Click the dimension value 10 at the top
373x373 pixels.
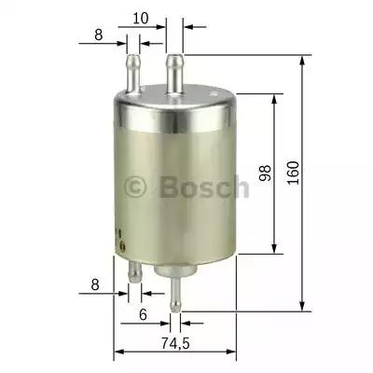click(x=141, y=19)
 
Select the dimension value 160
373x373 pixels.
click(x=293, y=173)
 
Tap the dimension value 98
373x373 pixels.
click(x=265, y=173)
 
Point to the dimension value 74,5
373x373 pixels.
click(x=175, y=343)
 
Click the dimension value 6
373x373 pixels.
click(x=143, y=315)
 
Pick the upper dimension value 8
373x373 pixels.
click(x=99, y=35)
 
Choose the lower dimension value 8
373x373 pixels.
click(x=95, y=284)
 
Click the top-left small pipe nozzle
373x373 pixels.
click(x=133, y=74)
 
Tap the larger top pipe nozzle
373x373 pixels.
click(x=174, y=74)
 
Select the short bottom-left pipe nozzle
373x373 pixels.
click(x=134, y=272)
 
